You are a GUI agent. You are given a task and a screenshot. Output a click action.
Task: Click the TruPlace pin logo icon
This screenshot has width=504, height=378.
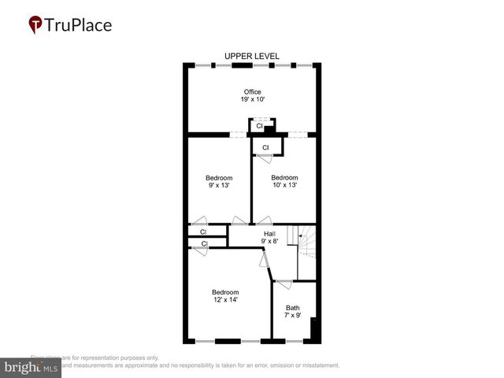tap(36, 25)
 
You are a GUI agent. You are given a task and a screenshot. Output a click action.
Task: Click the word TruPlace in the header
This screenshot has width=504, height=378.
tap(80, 24)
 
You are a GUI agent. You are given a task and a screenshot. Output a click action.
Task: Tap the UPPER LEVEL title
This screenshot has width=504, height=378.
tap(252, 56)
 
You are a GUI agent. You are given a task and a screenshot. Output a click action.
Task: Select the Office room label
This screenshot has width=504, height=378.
tap(252, 92)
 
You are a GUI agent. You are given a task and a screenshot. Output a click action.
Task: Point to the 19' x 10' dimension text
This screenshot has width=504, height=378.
tap(252, 100)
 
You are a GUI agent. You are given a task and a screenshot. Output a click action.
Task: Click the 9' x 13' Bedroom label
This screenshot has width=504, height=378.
tap(219, 178)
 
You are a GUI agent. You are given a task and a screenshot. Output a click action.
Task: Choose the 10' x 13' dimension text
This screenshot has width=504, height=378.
tap(284, 186)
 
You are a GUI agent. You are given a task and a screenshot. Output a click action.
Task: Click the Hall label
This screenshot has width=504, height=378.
tap(269, 234)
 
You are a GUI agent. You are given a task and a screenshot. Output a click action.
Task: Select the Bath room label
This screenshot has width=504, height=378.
tap(292, 308)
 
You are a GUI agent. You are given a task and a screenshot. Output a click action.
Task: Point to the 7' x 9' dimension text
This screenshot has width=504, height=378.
tap(292, 316)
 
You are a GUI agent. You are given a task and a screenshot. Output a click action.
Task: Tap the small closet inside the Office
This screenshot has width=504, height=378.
tap(259, 126)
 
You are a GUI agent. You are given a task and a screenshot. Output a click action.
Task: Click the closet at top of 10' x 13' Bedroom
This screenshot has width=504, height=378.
tap(265, 147)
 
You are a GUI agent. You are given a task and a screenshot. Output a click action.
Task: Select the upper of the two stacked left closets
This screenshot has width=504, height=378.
tap(203, 232)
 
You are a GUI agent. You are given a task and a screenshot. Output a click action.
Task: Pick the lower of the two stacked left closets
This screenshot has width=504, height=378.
tap(203, 244)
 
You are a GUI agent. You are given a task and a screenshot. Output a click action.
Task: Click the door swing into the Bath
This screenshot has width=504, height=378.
tap(284, 283)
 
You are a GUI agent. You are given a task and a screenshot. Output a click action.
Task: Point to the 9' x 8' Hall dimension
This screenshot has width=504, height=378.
tap(269, 242)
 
